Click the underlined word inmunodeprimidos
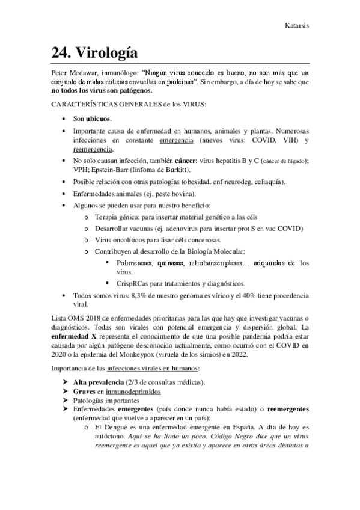point(123,390)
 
